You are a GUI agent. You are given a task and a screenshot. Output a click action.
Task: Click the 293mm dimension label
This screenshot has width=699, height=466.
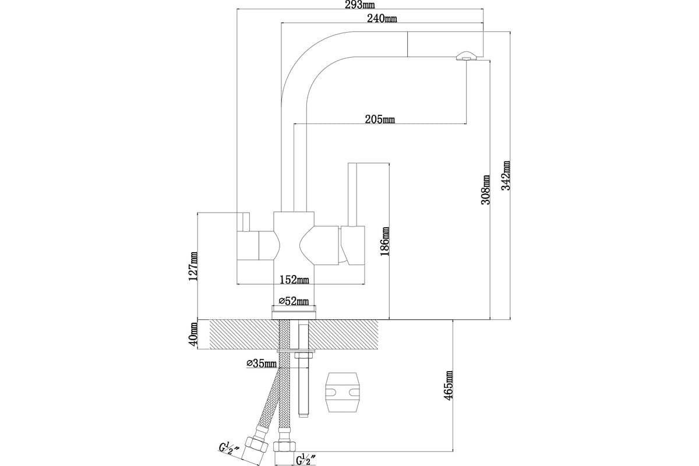click(x=361, y=5)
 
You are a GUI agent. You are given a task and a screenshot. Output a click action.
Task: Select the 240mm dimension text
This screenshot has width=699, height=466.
click(x=382, y=19)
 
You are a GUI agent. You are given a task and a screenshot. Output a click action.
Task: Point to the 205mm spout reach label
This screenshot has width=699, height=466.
click(x=380, y=119)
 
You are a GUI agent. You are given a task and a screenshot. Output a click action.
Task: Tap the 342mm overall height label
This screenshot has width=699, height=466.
click(x=506, y=175)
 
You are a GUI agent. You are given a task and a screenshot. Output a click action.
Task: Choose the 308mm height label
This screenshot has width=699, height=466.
click(x=486, y=190)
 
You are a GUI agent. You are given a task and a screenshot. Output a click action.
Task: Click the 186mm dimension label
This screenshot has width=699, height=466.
click(x=385, y=241)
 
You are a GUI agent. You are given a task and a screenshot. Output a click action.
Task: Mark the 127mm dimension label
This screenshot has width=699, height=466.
click(x=193, y=266)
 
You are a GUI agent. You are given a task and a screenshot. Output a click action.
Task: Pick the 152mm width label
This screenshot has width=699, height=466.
click(x=294, y=280)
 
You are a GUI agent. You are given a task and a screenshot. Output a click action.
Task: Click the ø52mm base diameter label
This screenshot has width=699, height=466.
click(x=294, y=301)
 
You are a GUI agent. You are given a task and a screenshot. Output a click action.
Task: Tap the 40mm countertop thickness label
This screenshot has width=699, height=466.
click(x=193, y=335)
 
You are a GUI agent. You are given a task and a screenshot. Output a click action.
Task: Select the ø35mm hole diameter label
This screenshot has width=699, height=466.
click(x=262, y=363)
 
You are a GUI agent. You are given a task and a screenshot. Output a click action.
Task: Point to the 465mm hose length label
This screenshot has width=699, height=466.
click(x=449, y=386)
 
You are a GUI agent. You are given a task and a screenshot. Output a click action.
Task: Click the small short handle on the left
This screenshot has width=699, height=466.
click(x=246, y=222)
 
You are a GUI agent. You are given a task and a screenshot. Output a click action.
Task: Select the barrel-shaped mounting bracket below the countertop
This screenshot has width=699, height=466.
click(x=343, y=392)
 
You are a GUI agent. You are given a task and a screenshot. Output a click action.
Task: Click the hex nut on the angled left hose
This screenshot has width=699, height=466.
click(x=256, y=446)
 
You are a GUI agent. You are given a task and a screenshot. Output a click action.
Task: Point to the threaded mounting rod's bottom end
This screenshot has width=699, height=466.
click(x=303, y=415)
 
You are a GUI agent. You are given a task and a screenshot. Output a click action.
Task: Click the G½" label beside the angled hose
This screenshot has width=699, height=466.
click(x=229, y=449)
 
